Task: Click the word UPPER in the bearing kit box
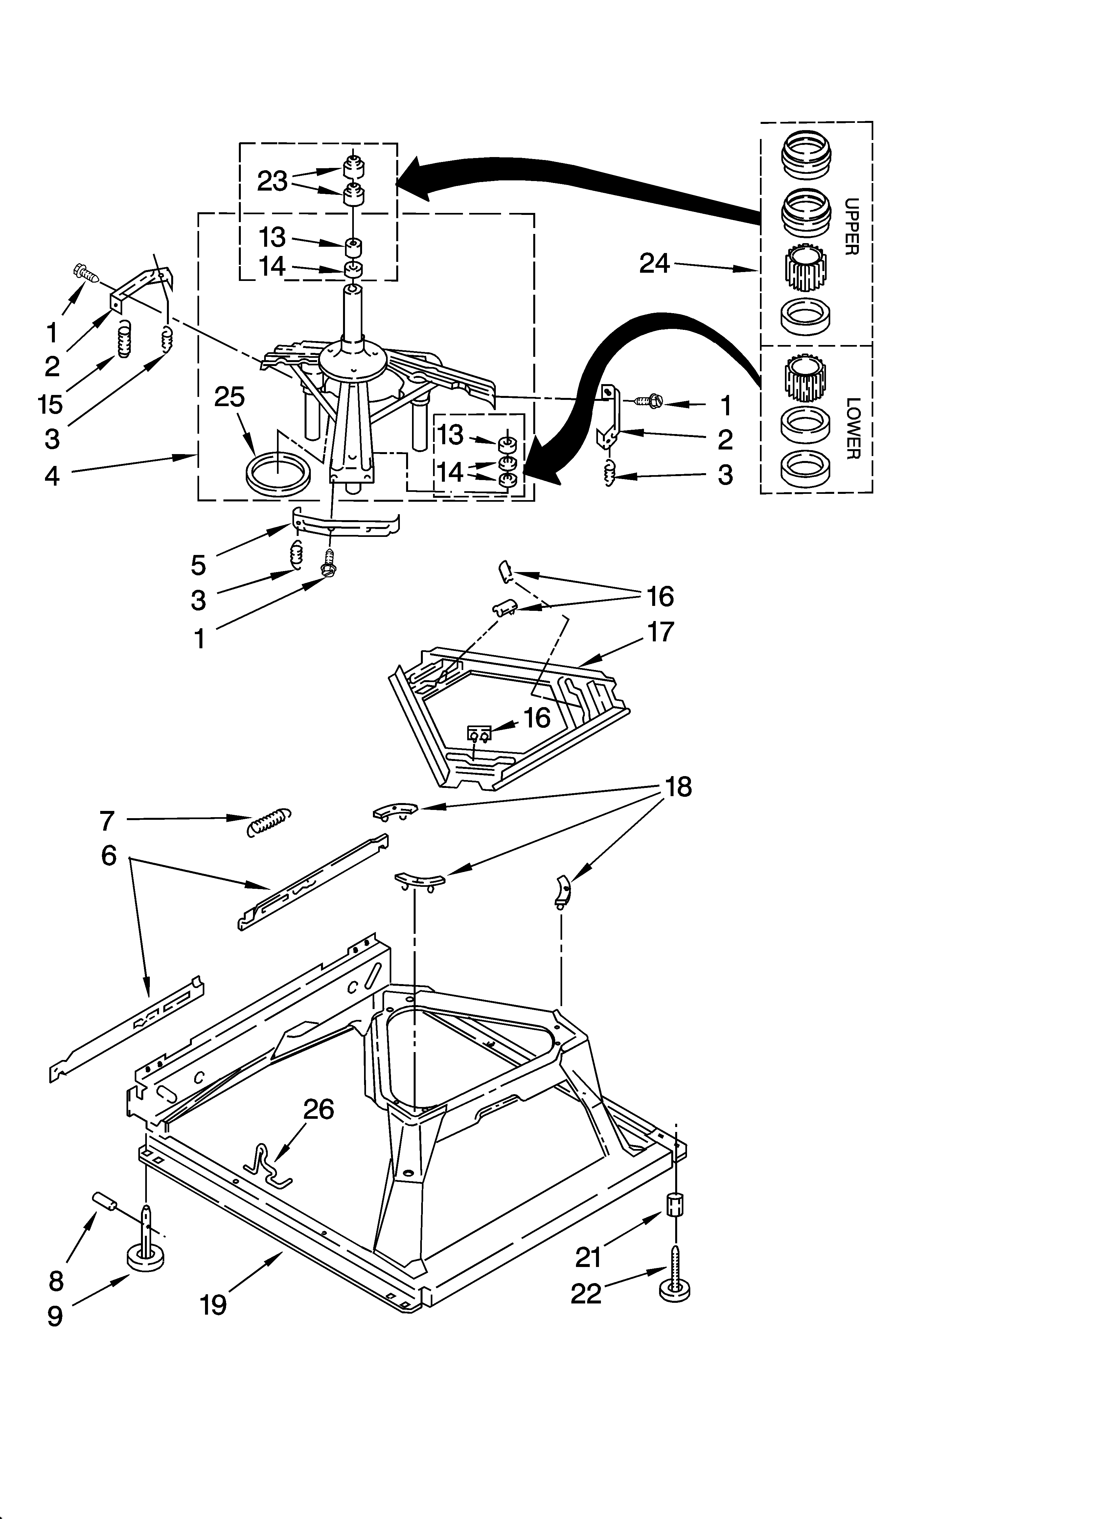pos(851,226)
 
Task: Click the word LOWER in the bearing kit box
pos(852,429)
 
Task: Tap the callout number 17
pos(660,632)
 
